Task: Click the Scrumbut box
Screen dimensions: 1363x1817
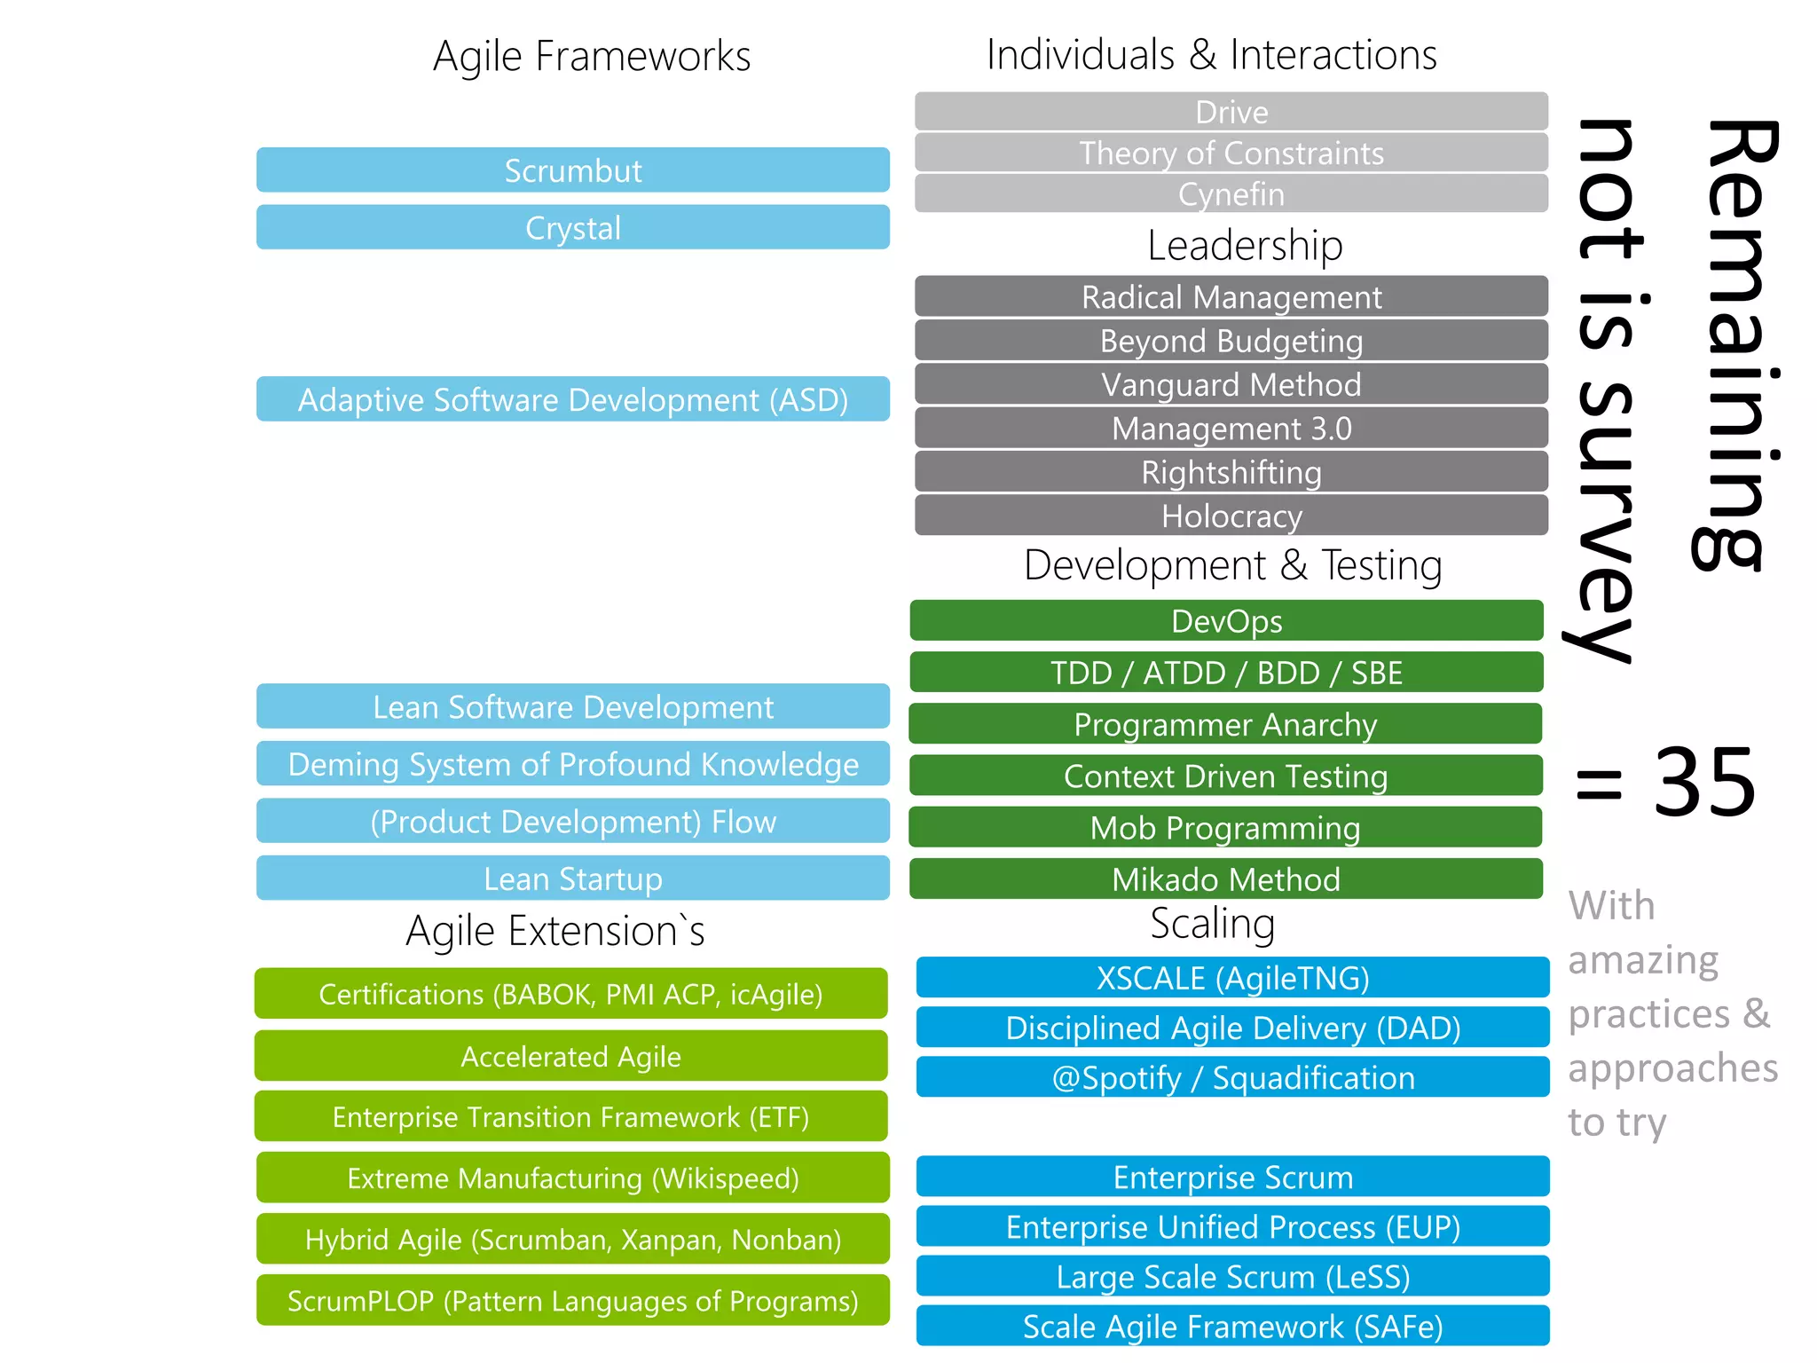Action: click(573, 170)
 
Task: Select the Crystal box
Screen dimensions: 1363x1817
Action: click(573, 228)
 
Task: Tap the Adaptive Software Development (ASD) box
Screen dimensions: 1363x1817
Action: click(573, 399)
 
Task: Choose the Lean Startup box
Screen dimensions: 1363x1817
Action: click(573, 878)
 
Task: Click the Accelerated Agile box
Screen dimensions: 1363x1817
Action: click(571, 1056)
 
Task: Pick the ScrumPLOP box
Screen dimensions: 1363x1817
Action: click(573, 1301)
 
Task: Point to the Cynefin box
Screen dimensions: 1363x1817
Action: click(1231, 193)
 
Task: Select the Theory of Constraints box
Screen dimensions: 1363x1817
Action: click(1231, 153)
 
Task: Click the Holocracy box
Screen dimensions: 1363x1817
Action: click(1231, 516)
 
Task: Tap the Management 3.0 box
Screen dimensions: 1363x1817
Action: click(1231, 429)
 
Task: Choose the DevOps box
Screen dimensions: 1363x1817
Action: click(1227, 621)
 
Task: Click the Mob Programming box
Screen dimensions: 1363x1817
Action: click(1226, 828)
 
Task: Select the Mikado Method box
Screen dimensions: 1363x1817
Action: click(1226, 879)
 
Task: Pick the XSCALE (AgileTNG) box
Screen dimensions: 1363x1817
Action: click(1233, 978)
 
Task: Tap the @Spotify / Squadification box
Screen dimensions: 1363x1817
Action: click(1233, 1077)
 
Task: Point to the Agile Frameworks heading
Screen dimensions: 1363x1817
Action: click(592, 56)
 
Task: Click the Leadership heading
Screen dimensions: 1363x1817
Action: click(1245, 245)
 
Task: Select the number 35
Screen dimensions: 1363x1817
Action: click(1704, 783)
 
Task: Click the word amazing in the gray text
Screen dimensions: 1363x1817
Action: click(1643, 960)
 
